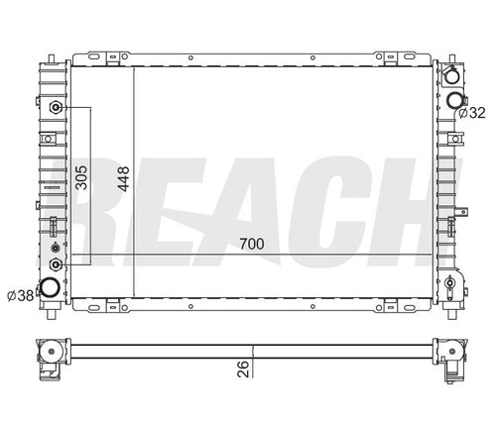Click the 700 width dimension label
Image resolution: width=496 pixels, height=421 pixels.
252,244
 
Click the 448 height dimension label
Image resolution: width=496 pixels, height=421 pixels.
124,179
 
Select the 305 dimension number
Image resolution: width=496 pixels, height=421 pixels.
81,177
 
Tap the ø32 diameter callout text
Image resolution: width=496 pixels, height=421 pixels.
472,113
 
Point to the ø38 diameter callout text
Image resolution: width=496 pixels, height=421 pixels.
21,295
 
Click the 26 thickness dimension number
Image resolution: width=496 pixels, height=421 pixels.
243,368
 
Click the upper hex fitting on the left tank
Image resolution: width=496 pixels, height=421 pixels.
56,107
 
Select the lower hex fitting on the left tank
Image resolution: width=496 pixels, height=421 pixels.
56,264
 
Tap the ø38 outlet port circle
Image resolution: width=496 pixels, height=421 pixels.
50,287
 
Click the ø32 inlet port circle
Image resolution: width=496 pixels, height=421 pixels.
455,100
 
